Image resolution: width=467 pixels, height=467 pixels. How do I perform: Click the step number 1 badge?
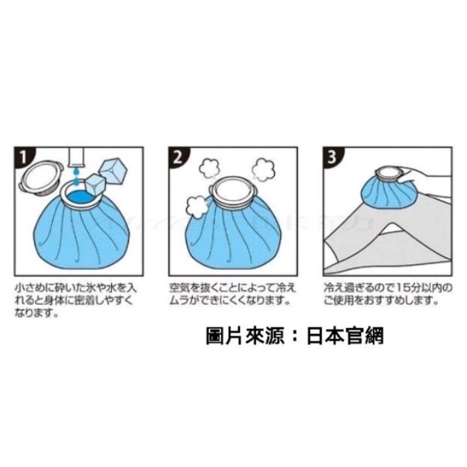coord(23,156)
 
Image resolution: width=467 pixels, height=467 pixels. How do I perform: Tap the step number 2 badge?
coord(178,156)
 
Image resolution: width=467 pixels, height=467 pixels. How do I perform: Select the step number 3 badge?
coord(332,156)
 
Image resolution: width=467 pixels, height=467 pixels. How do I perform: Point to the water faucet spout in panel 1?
coord(77,157)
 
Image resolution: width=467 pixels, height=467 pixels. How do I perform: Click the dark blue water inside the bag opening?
coord(81,197)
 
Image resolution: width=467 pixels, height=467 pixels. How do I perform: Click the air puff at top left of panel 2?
coord(209,169)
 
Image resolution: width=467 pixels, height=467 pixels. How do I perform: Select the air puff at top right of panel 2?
coord(263,170)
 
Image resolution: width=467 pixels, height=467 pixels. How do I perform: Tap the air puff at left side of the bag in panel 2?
coord(196,207)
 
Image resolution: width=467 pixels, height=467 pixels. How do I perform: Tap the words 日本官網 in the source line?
coord(345,336)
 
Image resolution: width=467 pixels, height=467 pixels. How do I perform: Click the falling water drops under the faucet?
coord(77,176)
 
